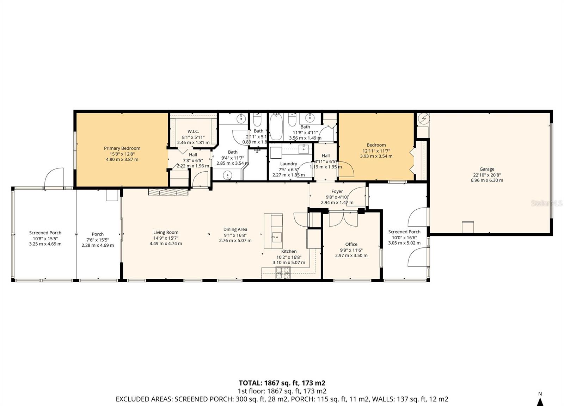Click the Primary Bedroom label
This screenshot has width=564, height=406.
coord(122,148)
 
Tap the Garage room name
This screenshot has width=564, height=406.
coord(486,169)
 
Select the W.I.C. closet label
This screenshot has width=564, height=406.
coord(193,131)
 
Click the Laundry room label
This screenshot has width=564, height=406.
coord(288,164)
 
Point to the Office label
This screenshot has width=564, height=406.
coord(351,244)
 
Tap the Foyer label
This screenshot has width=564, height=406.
coord(337,192)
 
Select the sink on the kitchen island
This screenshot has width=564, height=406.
coord(276,237)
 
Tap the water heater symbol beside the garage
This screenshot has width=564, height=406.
coord(423,119)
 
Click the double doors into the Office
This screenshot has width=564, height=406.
coord(343,219)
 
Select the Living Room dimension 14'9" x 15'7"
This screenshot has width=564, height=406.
coord(166,238)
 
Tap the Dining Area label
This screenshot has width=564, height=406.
coord(235,229)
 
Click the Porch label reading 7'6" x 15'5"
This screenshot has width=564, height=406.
coord(98,240)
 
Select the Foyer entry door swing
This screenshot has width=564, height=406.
coord(359,196)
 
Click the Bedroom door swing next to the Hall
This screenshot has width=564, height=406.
coord(347,169)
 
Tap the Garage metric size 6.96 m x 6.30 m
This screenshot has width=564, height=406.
coord(486,180)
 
